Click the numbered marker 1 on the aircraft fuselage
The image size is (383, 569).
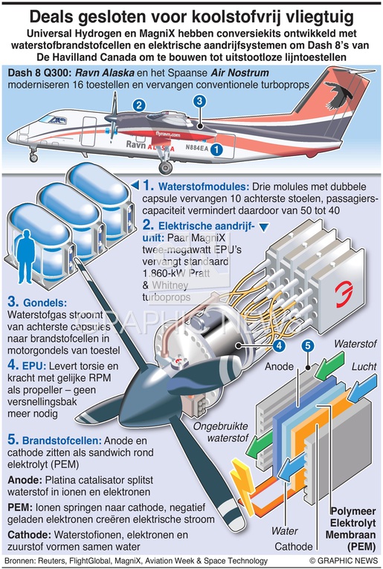(x=216, y=149)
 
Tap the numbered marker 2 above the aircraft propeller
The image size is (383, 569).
(x=139, y=105)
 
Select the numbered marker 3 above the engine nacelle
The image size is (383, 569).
(x=199, y=101)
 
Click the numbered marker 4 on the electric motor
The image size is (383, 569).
(x=279, y=345)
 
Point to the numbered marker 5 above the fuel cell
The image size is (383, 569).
(x=308, y=345)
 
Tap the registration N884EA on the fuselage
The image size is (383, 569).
(x=196, y=148)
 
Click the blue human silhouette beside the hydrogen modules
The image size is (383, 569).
(x=26, y=256)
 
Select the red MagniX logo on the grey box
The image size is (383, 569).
(x=344, y=294)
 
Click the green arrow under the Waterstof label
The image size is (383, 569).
(x=329, y=365)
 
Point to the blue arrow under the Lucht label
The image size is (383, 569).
(x=362, y=389)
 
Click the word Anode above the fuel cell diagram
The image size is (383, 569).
(x=279, y=366)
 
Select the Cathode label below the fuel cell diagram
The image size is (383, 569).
(x=294, y=546)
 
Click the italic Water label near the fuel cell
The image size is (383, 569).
(x=285, y=531)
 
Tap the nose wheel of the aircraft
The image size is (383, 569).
(x=33, y=158)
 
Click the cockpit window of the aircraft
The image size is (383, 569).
(x=53, y=120)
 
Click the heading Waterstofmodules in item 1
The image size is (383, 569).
(x=204, y=187)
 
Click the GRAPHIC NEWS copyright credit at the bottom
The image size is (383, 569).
(x=344, y=561)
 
